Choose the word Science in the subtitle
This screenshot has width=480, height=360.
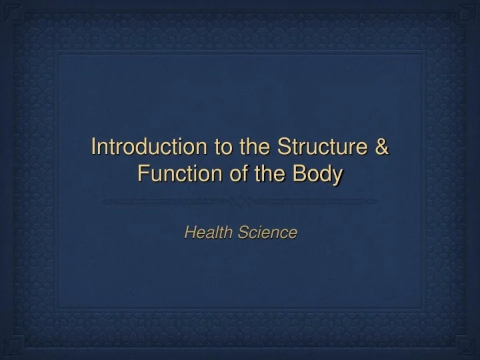(x=267, y=233)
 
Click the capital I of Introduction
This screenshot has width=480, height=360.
(x=93, y=146)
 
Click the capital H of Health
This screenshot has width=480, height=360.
(x=189, y=233)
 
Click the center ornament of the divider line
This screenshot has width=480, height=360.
(x=239, y=200)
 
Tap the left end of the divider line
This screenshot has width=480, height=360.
(x=105, y=200)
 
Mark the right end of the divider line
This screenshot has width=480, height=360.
(x=375, y=200)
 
